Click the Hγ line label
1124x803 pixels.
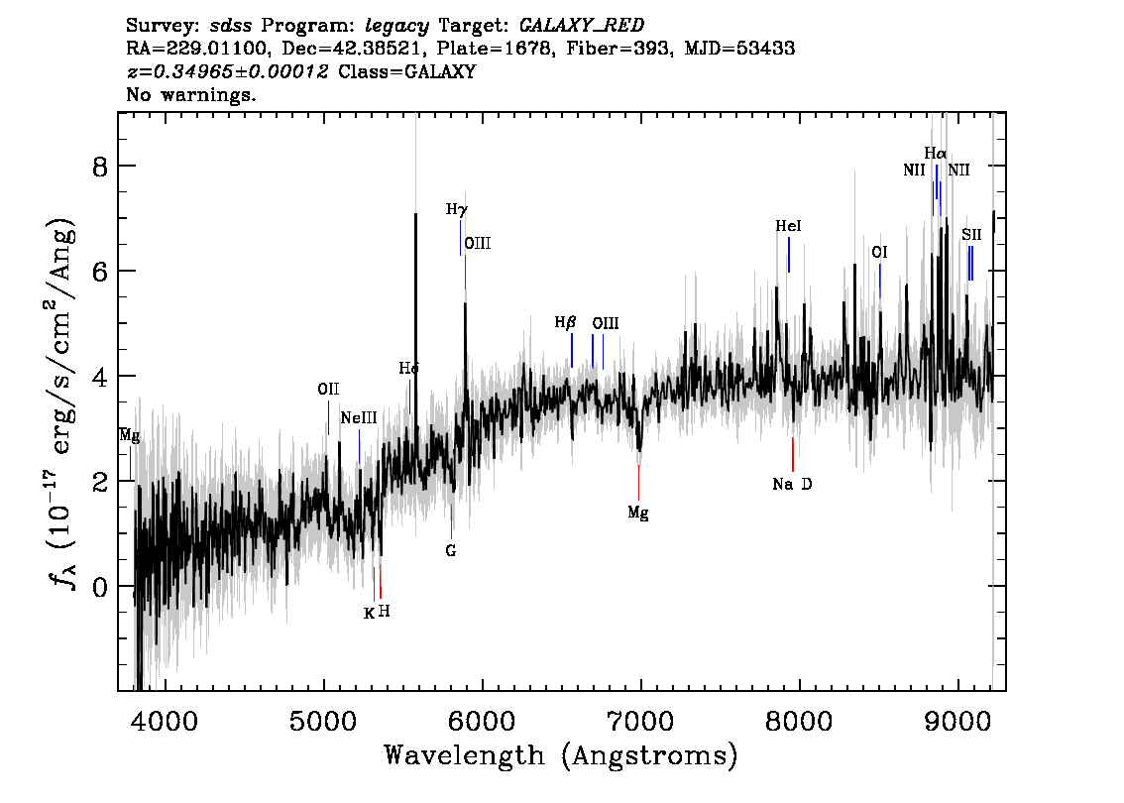(456, 210)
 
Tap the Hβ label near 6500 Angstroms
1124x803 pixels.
(565, 323)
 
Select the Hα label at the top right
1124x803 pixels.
(935, 154)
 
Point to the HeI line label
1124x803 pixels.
(788, 227)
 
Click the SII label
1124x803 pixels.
(971, 235)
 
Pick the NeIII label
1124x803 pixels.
(359, 418)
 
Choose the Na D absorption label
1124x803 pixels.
(792, 485)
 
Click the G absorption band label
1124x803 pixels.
(451, 550)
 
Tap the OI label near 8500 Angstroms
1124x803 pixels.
(879, 253)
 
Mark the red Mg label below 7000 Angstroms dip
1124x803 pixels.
(638, 513)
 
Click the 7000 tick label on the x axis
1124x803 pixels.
(640, 719)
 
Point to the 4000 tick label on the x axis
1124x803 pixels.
(166, 719)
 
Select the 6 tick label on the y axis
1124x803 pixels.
(99, 271)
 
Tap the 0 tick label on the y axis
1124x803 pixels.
(99, 587)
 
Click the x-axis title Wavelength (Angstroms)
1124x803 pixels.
(561, 756)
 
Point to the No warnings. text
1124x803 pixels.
(192, 96)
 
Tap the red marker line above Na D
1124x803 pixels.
(793, 454)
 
